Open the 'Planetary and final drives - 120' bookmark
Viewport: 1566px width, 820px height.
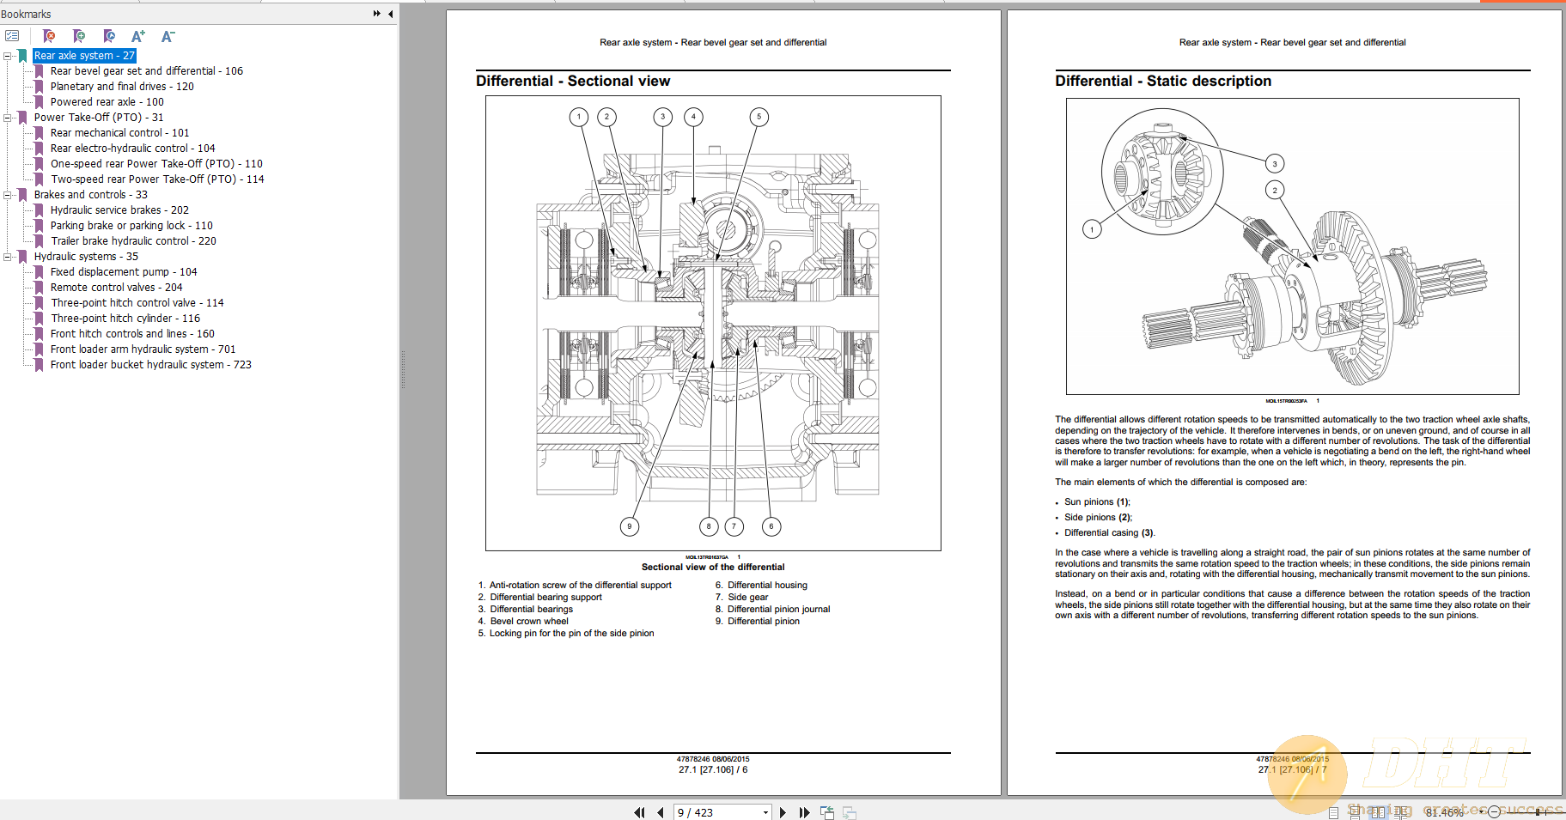[x=121, y=87]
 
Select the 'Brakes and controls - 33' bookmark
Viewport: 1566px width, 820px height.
[x=90, y=195]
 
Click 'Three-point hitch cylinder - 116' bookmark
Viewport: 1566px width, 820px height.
[x=125, y=319]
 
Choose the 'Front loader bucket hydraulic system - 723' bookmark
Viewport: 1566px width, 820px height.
[x=150, y=365]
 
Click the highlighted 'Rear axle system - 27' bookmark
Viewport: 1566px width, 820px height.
[x=84, y=56]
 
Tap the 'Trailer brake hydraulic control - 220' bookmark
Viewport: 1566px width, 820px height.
[x=133, y=241]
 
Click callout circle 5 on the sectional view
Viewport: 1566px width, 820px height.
[x=759, y=117]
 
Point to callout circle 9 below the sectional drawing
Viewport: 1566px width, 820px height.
[x=630, y=526]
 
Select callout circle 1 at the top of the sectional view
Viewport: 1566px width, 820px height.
[x=579, y=117]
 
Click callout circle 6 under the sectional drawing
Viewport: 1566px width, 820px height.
[x=771, y=526]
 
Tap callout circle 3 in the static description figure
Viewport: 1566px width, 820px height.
[x=1275, y=163]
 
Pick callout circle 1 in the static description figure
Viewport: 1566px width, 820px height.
[x=1092, y=229]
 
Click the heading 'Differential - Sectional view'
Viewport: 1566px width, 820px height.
[x=573, y=81]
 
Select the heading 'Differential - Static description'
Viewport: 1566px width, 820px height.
[x=1163, y=81]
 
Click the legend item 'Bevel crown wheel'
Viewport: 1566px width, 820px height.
[x=528, y=621]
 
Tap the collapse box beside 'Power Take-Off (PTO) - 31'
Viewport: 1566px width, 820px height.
[x=8, y=118]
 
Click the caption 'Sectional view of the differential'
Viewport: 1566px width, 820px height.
[x=713, y=567]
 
